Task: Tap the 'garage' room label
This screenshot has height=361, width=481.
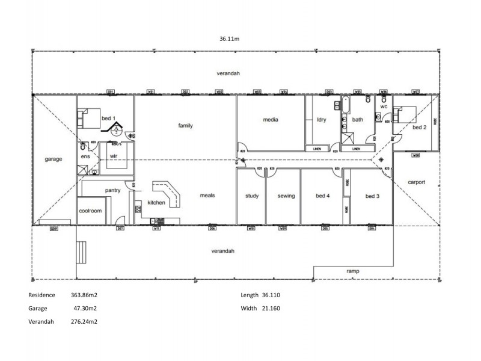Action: pos(54,159)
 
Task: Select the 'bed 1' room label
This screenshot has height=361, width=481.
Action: pos(108,118)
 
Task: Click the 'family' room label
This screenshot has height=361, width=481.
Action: pos(185,126)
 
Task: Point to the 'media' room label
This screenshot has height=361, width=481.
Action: pos(271,120)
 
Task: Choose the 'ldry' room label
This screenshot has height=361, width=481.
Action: pos(321,120)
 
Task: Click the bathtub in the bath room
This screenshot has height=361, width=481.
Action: pos(346,105)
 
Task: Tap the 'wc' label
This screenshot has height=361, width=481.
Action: pos(383,106)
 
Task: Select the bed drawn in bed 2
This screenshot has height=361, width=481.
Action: pos(404,113)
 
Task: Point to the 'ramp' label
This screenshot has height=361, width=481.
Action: pos(354,271)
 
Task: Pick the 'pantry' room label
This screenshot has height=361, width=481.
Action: pos(113,190)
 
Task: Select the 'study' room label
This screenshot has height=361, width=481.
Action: pos(251,196)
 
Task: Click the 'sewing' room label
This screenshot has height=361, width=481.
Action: pos(286,196)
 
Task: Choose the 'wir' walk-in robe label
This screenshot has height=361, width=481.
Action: pos(112,156)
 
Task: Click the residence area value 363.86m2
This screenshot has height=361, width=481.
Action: pos(84,295)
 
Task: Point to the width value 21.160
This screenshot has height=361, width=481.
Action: pos(271,308)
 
